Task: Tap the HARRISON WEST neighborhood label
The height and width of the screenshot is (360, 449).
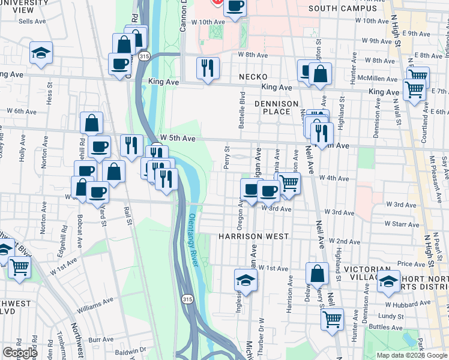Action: pos(254,236)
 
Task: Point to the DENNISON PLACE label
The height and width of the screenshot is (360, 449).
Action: pos(277,107)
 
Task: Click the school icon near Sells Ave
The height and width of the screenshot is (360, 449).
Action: pos(41,52)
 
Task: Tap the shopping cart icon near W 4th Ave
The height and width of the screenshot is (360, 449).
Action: pos(289,184)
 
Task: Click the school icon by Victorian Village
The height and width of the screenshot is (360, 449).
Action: pos(388,281)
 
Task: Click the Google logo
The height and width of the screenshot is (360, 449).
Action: pos(20,353)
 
